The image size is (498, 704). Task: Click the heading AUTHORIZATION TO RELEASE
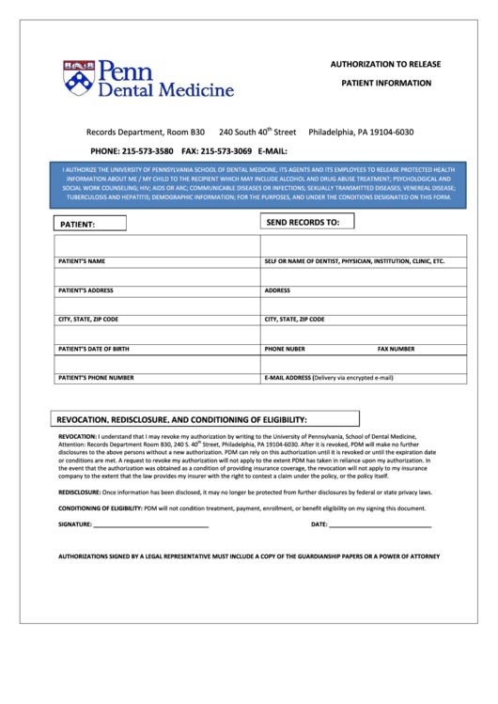click(385, 64)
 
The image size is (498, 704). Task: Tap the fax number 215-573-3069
click(226, 150)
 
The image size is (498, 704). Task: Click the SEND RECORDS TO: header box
click(306, 222)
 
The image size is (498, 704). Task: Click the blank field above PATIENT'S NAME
click(156, 245)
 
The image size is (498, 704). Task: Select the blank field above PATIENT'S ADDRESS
click(156, 276)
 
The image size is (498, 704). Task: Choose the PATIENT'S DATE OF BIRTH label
click(94, 349)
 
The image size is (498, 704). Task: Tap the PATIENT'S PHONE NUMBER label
click(96, 378)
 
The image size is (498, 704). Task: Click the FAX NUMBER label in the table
click(396, 349)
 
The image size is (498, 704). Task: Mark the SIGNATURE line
click(150, 524)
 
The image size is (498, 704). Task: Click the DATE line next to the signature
click(380, 524)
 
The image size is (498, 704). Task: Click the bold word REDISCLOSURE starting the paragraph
click(80, 492)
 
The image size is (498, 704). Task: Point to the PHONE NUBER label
click(285, 349)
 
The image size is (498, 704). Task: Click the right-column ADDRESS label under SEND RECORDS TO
click(277, 290)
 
